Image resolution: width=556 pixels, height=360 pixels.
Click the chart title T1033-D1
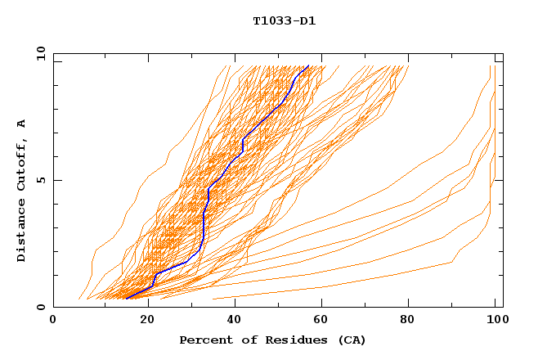[x=285, y=20]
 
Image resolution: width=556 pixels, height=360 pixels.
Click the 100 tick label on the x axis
[x=495, y=320]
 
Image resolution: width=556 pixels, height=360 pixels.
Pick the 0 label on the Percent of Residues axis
[x=54, y=320]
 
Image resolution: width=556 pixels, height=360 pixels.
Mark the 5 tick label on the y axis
[x=40, y=180]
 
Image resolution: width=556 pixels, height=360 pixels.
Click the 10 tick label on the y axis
[x=38, y=53]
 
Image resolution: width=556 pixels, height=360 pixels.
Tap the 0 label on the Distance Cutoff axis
[x=40, y=307]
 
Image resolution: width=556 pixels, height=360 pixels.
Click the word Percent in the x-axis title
[x=202, y=340]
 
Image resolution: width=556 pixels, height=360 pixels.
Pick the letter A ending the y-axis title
[x=22, y=124]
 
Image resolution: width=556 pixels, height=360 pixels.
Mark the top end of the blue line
[x=308, y=66]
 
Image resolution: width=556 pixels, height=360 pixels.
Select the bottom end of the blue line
[x=127, y=299]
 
